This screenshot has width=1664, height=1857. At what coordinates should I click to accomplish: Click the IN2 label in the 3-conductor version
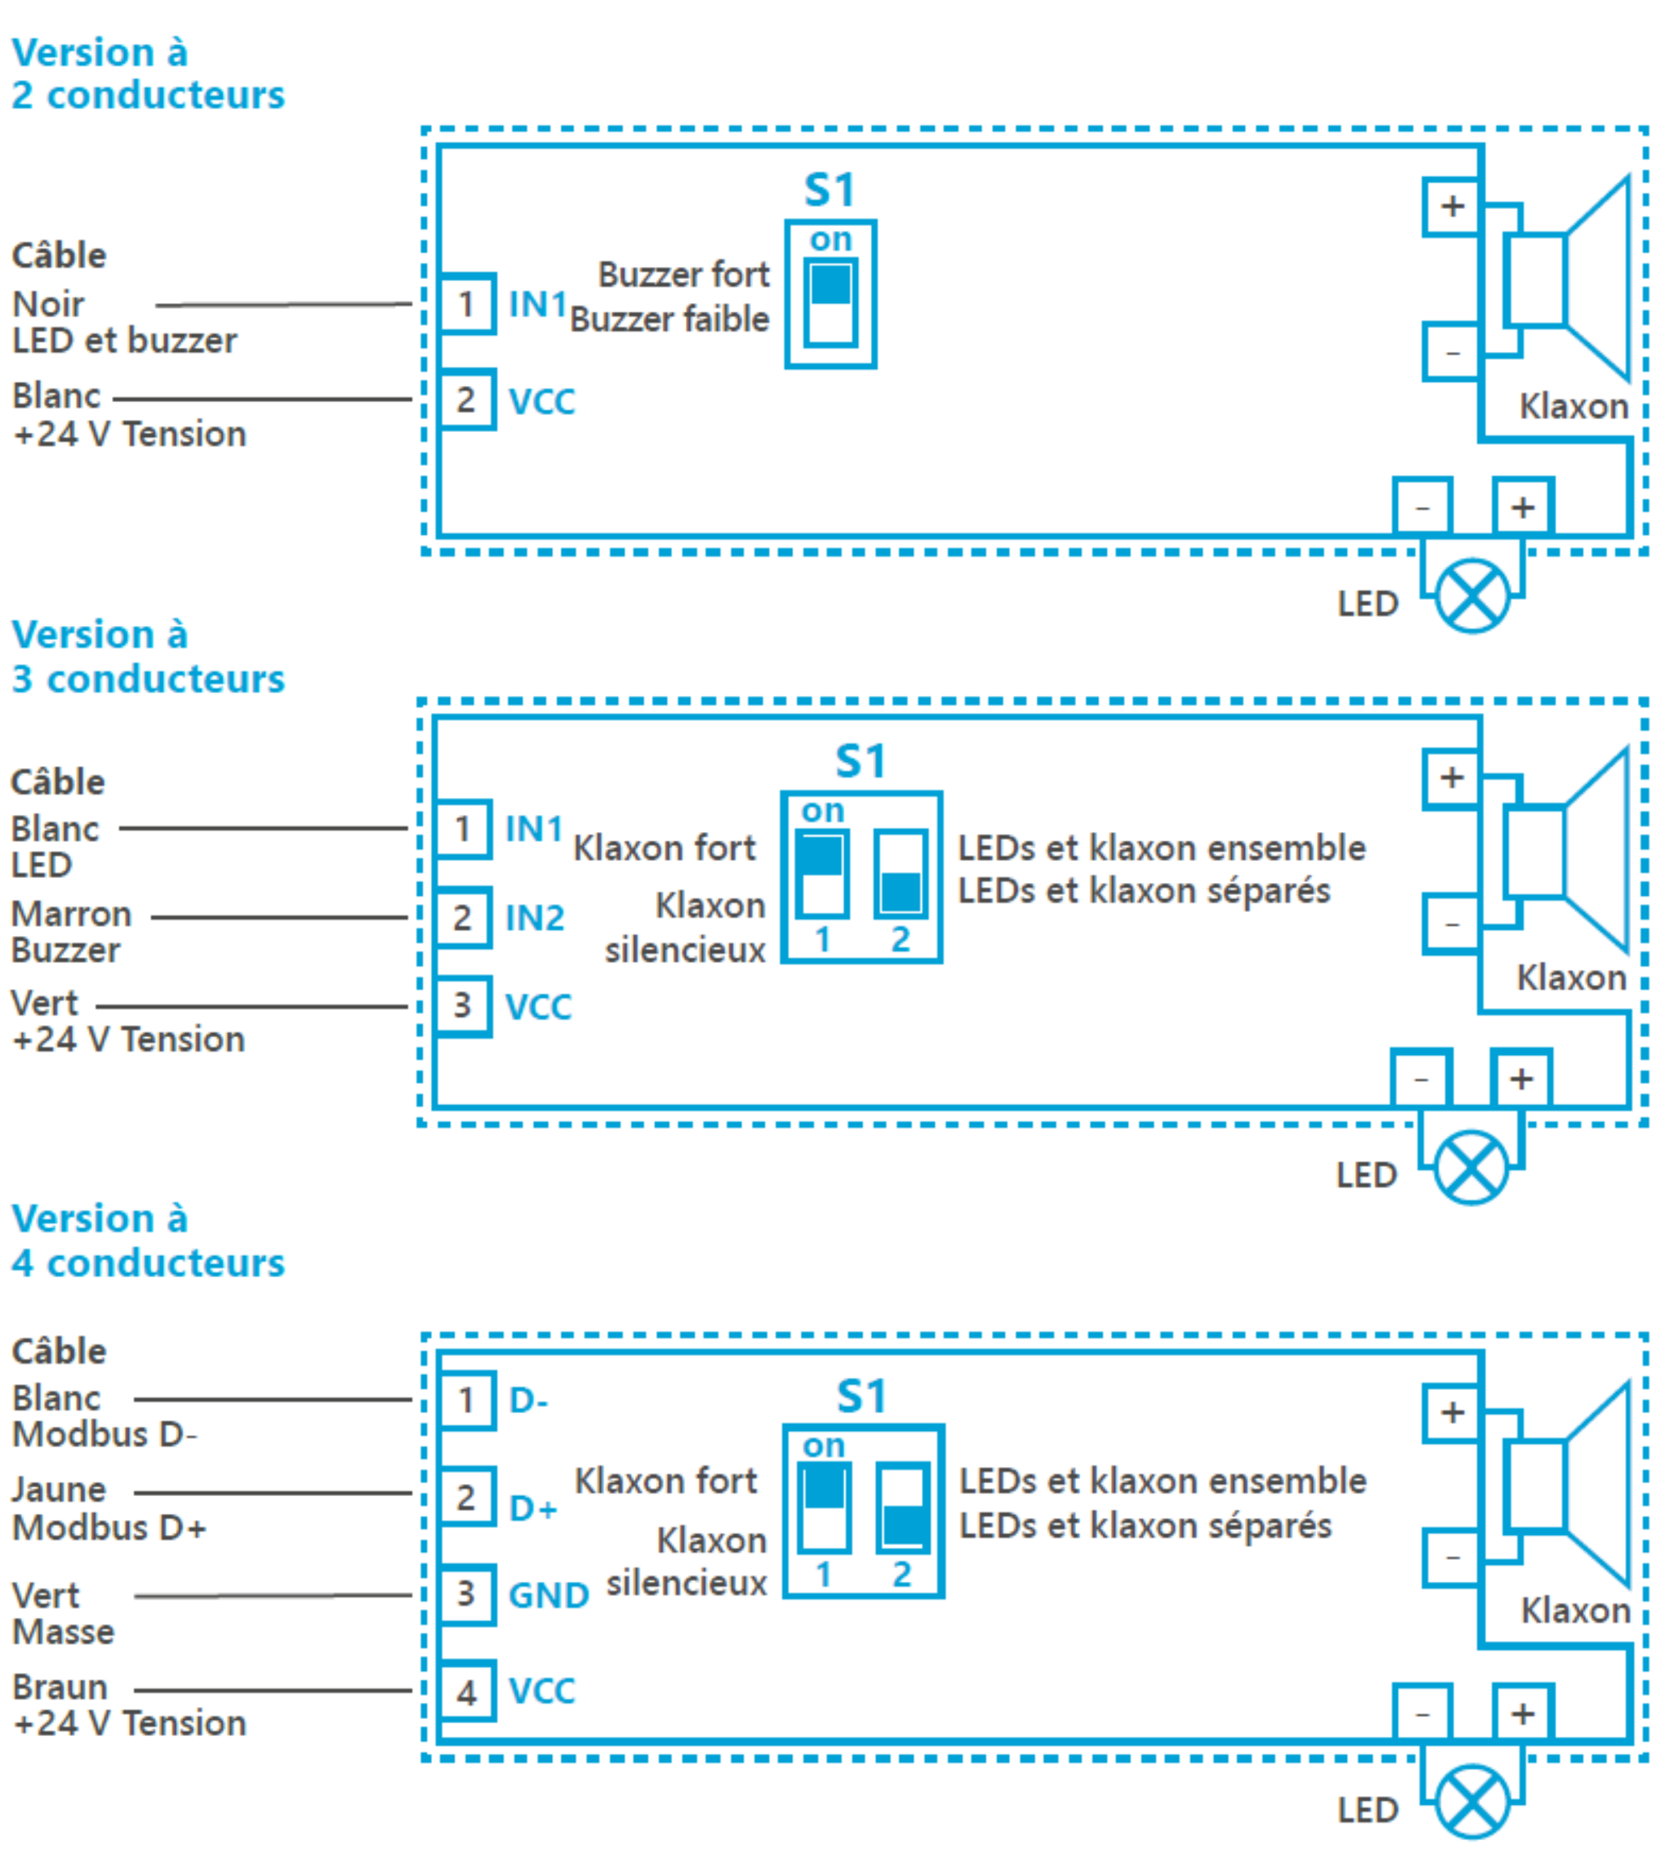coord(535,918)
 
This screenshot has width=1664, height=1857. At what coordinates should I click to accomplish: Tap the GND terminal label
coord(548,1596)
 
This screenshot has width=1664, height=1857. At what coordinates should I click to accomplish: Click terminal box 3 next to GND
coord(466,1594)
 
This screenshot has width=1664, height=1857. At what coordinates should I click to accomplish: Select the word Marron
coord(71,914)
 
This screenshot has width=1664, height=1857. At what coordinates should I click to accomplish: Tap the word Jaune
coord(58,1489)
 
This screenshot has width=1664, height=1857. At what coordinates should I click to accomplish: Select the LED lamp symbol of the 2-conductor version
coord(1472,597)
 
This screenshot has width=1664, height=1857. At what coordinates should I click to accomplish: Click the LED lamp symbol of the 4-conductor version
coord(1472,1802)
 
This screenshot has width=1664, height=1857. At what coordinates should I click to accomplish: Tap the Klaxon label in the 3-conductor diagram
coord(1571,978)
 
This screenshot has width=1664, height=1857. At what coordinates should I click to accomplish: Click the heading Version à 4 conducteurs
coord(147,1240)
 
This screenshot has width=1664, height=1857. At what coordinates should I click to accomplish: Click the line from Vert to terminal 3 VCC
coord(252,1006)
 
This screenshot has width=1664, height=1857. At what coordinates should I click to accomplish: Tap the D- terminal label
coord(528,1400)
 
